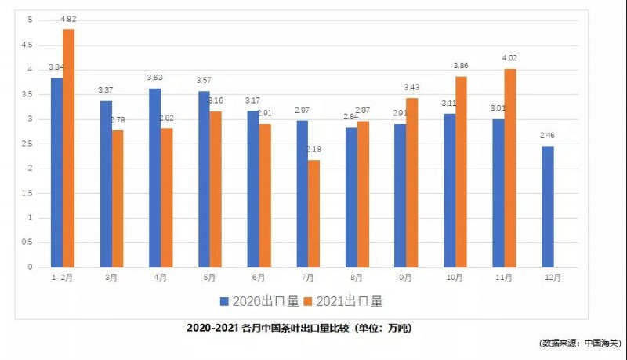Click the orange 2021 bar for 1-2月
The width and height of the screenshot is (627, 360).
(x=69, y=148)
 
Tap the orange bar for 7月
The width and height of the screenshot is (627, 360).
(x=314, y=213)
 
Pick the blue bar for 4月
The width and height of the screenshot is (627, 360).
(x=155, y=177)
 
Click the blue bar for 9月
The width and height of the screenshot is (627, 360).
(x=400, y=195)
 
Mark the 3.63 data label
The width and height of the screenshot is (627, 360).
(x=155, y=79)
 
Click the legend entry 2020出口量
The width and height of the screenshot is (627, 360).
(x=259, y=300)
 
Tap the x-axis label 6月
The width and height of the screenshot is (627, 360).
(x=257, y=277)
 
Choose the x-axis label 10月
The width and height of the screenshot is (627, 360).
(x=455, y=277)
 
